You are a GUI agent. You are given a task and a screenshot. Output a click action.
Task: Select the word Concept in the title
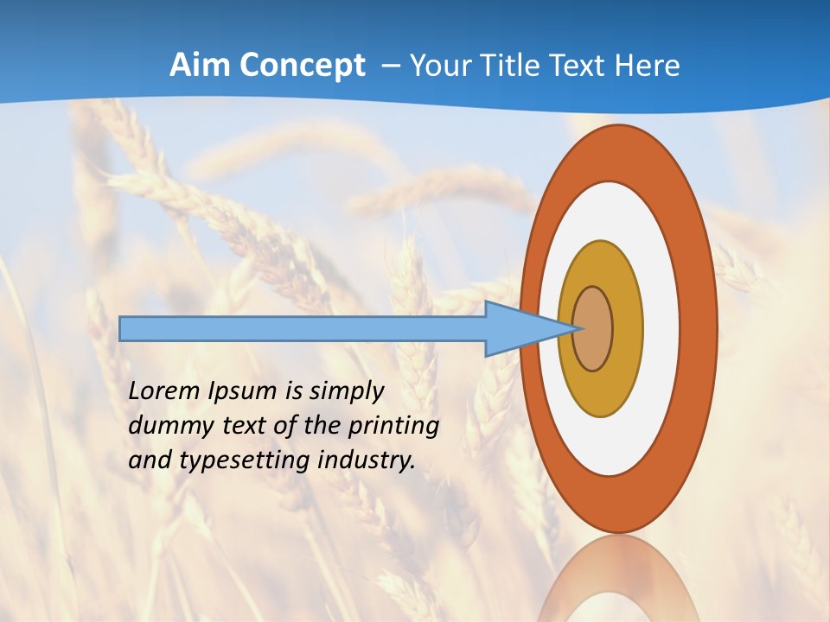point(303,67)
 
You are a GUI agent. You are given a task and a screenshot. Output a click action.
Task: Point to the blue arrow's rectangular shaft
point(303,329)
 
